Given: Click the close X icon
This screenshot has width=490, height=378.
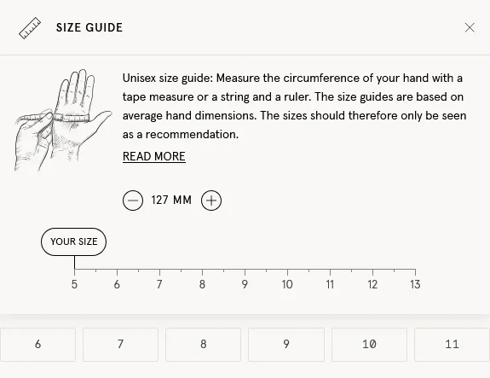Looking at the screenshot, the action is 470,27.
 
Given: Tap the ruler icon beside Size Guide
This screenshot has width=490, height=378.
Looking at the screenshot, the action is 30,28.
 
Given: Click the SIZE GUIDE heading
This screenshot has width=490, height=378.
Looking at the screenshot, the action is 89,27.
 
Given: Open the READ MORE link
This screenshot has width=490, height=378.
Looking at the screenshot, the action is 154,156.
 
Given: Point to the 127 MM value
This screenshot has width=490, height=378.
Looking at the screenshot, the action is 171,200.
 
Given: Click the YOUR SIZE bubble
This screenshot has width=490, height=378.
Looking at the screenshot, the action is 74,241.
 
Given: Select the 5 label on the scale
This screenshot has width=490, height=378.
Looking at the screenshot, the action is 74,284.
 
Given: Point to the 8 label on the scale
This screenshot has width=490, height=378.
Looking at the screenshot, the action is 202,284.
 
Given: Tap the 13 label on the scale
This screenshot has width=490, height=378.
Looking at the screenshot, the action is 415,284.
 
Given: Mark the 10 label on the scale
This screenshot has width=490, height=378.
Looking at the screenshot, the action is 287,284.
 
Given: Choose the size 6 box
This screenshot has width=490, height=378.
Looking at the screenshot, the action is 37,345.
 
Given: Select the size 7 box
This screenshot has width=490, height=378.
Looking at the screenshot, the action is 120,345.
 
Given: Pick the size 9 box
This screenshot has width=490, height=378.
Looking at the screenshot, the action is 286,345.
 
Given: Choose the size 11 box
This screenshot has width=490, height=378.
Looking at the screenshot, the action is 452,345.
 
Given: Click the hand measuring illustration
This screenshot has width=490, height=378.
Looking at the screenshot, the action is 62,120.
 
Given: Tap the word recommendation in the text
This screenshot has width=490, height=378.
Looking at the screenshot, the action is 192,135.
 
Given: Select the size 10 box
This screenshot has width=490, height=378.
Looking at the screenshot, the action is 369,345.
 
